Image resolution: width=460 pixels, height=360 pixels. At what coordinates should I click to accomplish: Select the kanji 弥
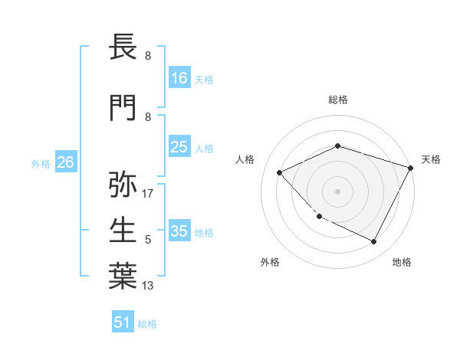[x=123, y=184]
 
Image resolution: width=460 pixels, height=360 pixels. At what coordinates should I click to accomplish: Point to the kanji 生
[x=123, y=230]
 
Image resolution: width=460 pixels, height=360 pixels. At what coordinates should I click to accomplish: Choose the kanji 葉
[x=123, y=276]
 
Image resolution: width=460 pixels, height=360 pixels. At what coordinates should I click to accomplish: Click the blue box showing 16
[x=179, y=78]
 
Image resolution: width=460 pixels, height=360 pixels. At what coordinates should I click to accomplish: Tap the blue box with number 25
[x=179, y=147]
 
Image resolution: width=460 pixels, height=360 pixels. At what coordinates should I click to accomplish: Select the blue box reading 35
[x=179, y=231]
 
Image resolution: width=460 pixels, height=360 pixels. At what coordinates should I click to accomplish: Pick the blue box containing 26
[x=65, y=162]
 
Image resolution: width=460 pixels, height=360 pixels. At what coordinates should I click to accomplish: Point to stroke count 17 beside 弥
[x=148, y=194]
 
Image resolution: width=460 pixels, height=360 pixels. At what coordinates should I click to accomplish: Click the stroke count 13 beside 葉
[x=148, y=286]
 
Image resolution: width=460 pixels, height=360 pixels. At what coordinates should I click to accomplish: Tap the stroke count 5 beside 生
[x=148, y=240]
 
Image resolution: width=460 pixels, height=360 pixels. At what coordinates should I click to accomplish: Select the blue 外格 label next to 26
[x=40, y=163]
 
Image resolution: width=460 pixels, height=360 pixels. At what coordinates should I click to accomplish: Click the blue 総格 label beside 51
[x=147, y=323]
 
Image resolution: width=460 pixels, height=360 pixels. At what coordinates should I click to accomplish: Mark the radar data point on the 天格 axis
[x=411, y=168]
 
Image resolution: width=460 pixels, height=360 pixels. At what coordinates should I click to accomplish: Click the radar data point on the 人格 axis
[x=280, y=172]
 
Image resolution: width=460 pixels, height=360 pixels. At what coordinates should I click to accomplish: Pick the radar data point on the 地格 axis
[x=374, y=242]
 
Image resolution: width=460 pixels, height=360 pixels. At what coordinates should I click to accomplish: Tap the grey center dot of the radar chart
[x=337, y=191]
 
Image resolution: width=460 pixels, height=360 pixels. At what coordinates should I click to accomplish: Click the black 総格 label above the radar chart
[x=337, y=100]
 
